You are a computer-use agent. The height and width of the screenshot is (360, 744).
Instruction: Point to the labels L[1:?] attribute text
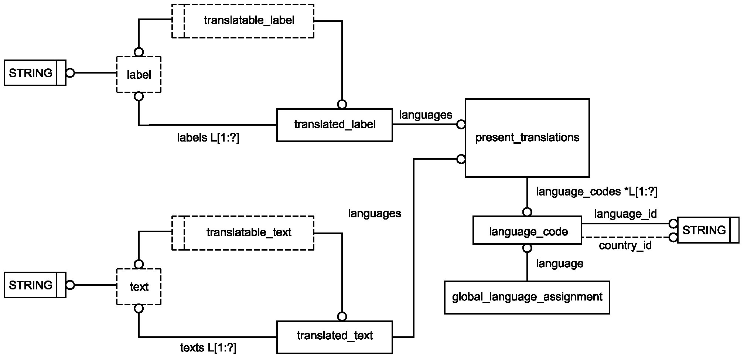coord(208,138)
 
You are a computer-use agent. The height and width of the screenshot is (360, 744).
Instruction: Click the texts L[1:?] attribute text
coord(208,348)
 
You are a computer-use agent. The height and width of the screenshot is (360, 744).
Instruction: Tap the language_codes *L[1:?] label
coord(597,191)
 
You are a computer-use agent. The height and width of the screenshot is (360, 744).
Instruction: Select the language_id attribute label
coord(625,214)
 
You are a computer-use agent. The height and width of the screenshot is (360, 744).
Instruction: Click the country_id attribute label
coord(625,246)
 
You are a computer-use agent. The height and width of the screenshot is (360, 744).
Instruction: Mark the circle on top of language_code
coord(527,212)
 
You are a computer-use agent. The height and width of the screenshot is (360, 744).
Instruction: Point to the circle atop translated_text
coord(342,317)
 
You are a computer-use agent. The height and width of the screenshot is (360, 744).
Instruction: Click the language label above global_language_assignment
coord(560,264)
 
